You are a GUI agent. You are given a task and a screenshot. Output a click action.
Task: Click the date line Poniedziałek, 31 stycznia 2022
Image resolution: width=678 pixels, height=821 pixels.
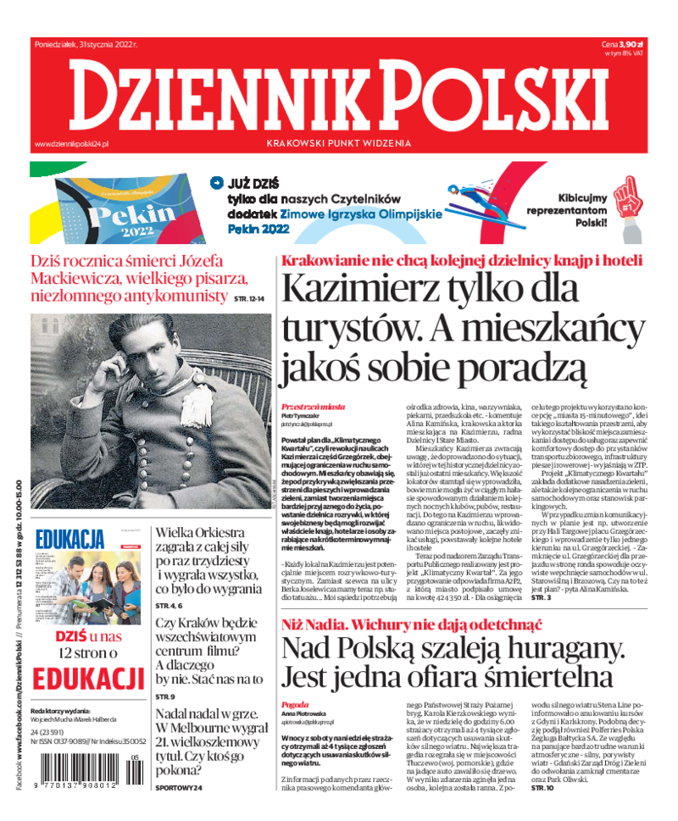[x=86, y=44]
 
